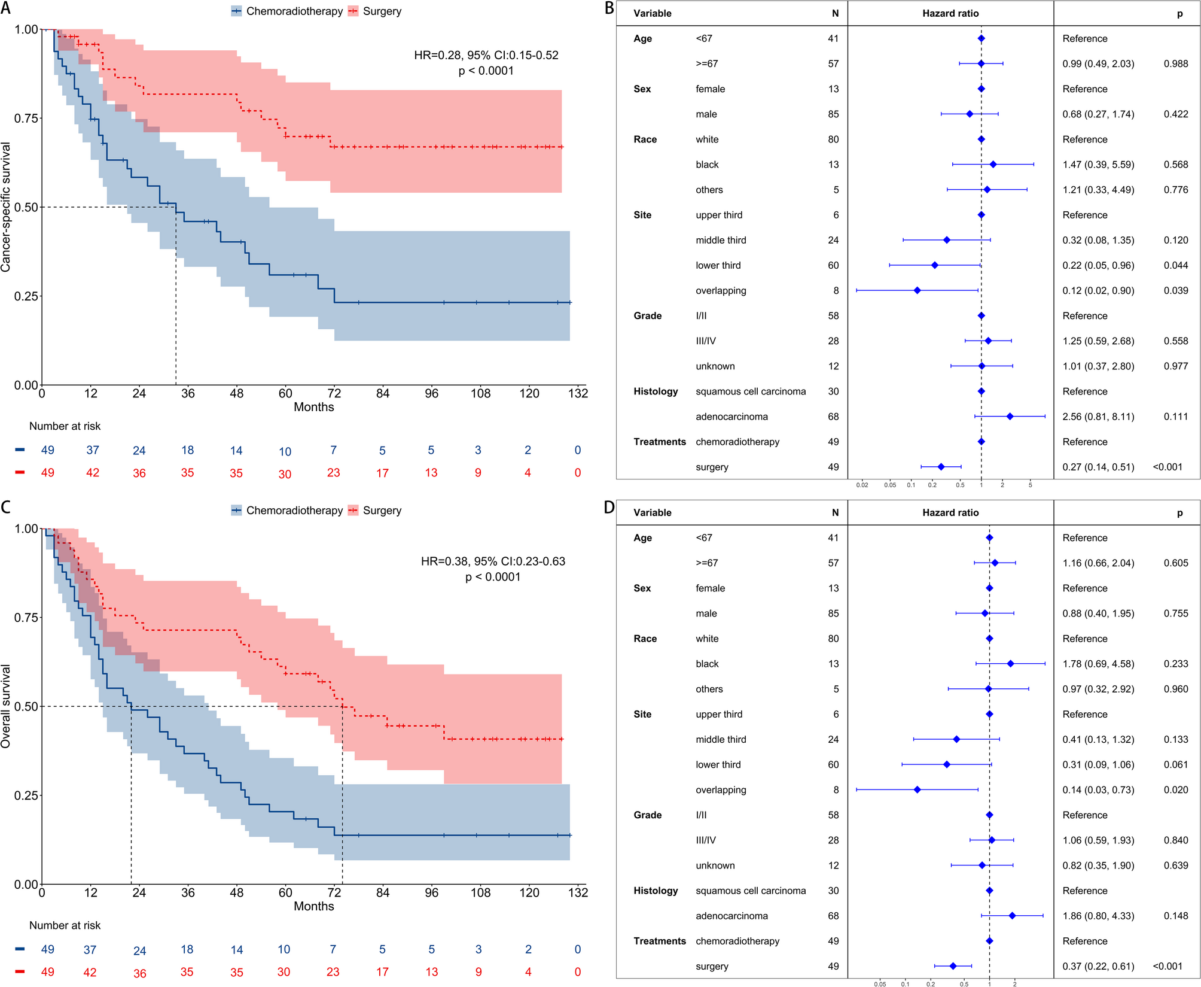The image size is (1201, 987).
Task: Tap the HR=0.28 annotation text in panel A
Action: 486,55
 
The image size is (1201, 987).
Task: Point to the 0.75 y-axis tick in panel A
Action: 26,118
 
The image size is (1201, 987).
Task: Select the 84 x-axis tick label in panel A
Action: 383,393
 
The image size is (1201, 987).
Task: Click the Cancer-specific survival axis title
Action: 7,207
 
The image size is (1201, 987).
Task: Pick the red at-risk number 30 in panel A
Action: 285,474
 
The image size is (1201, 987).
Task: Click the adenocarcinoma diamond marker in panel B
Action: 1010,417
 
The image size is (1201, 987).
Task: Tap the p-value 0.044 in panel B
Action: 1176,265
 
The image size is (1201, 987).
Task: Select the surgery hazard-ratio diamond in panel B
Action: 941,467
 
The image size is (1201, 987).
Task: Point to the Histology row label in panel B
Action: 656,391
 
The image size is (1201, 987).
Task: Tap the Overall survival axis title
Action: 7,706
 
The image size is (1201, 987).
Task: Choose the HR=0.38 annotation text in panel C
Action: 493,561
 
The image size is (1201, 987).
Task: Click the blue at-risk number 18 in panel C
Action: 187,949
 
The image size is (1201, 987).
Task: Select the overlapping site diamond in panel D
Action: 917,790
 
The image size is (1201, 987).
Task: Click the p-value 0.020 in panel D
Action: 1176,790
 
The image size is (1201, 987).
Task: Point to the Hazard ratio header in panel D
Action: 950,512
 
